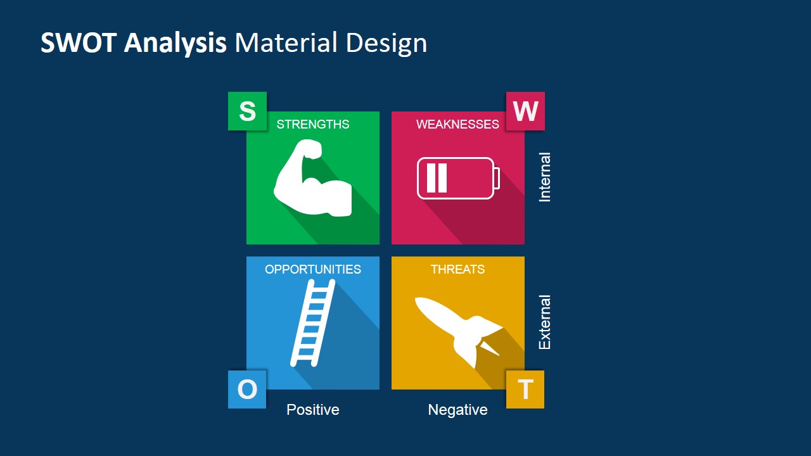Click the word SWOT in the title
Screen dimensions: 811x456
[78, 42]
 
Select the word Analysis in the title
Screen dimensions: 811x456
[176, 44]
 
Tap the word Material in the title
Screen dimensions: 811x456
[286, 42]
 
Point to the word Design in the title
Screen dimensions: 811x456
[386, 44]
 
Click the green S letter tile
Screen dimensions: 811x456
[247, 111]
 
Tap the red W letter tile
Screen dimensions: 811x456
[525, 111]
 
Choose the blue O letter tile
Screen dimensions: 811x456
[247, 389]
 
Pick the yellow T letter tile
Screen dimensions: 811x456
[525, 389]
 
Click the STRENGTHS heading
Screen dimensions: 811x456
[313, 124]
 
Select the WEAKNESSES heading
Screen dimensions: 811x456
[457, 124]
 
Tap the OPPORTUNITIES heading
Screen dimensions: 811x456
[313, 269]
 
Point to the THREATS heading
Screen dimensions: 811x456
[457, 269]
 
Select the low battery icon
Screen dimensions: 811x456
[458, 179]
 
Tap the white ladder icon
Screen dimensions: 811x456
[312, 323]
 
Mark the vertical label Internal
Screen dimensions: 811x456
[544, 177]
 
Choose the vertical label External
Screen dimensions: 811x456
[544, 322]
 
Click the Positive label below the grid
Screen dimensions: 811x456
[313, 410]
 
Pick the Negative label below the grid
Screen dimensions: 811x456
[457, 410]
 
